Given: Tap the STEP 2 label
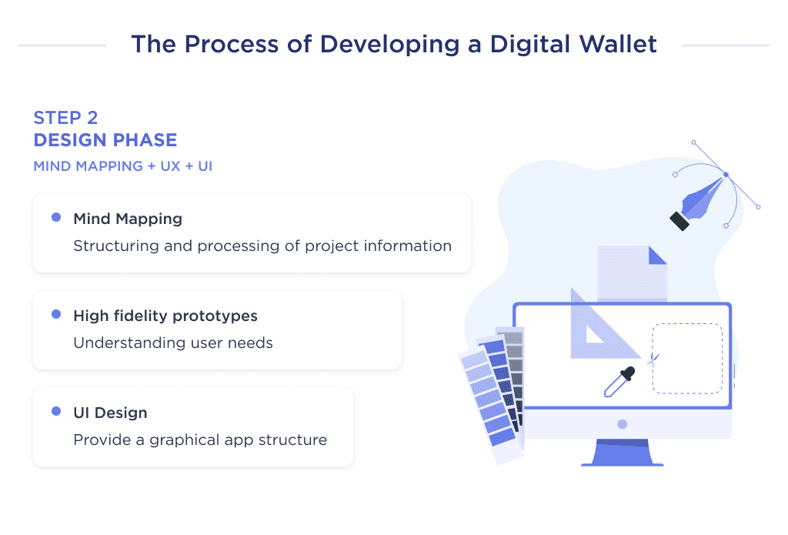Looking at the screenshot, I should point(66,118).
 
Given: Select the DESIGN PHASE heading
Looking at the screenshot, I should point(105,140).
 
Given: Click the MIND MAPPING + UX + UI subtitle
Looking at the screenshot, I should point(123,166).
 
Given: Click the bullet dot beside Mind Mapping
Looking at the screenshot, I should point(56,218).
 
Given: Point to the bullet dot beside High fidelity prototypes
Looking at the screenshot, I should point(56,315).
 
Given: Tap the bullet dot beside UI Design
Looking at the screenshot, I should point(56,412).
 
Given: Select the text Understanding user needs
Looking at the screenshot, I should point(173,343).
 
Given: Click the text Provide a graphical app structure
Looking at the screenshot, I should point(200,440).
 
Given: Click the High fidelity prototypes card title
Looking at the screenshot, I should point(165,316).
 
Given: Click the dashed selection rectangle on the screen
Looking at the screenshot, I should point(687,358).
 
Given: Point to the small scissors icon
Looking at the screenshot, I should point(652,358).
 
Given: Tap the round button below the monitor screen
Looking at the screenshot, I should point(622,424).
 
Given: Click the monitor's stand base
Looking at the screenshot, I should point(622,460).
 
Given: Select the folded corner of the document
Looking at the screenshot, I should point(657,256).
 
